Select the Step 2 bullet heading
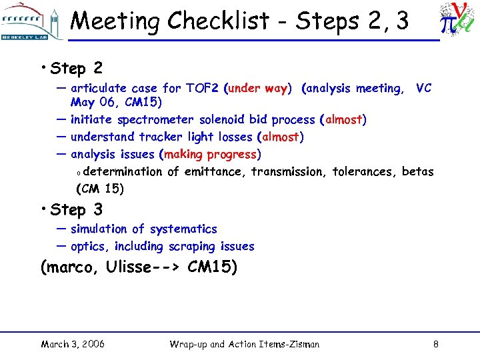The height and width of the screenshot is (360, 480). pyautogui.click(x=76, y=68)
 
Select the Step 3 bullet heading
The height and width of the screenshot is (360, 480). pyautogui.click(x=76, y=209)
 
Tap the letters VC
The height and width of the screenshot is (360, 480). pyautogui.click(x=423, y=88)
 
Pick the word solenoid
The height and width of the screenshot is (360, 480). pyautogui.click(x=221, y=120)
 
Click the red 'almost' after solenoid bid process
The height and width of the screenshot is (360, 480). pyautogui.click(x=343, y=120)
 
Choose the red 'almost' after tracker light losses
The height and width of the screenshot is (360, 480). pyautogui.click(x=281, y=137)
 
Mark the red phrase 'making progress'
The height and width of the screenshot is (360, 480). pyautogui.click(x=210, y=155)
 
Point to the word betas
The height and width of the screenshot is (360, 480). pyautogui.click(x=418, y=172)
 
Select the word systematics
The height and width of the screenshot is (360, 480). pyautogui.click(x=183, y=229)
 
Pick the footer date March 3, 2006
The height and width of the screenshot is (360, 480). pyautogui.click(x=72, y=344)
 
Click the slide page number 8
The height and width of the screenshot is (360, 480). pyautogui.click(x=435, y=344)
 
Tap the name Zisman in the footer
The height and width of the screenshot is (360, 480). pyautogui.click(x=301, y=344)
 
